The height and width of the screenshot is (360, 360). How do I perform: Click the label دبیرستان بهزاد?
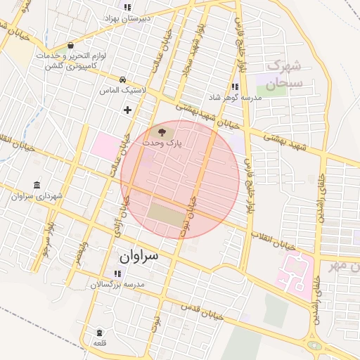pyautogui.click(x=128, y=18)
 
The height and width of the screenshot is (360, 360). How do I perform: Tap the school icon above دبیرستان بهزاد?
pyautogui.click(x=127, y=7)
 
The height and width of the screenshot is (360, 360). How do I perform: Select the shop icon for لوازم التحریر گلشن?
pyautogui.click(x=71, y=46)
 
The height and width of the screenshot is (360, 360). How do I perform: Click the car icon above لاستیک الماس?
pyautogui.click(x=123, y=79)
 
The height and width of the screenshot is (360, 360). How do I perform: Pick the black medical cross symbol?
pyautogui.click(x=127, y=110)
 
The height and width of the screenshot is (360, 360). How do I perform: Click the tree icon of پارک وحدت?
pyautogui.click(x=162, y=131)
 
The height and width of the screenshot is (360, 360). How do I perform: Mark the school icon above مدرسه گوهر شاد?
pyautogui.click(x=234, y=86)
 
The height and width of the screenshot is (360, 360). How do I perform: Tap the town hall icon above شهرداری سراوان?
pyautogui.click(x=37, y=185)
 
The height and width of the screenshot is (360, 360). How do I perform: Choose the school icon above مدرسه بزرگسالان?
pyautogui.click(x=116, y=274)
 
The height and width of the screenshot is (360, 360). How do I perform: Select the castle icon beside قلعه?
pyautogui.click(x=98, y=332)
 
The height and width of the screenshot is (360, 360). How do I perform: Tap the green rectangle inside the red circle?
pyautogui.click(x=166, y=214)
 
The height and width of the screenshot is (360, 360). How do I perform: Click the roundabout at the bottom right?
pyautogui.click(x=314, y=345)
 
